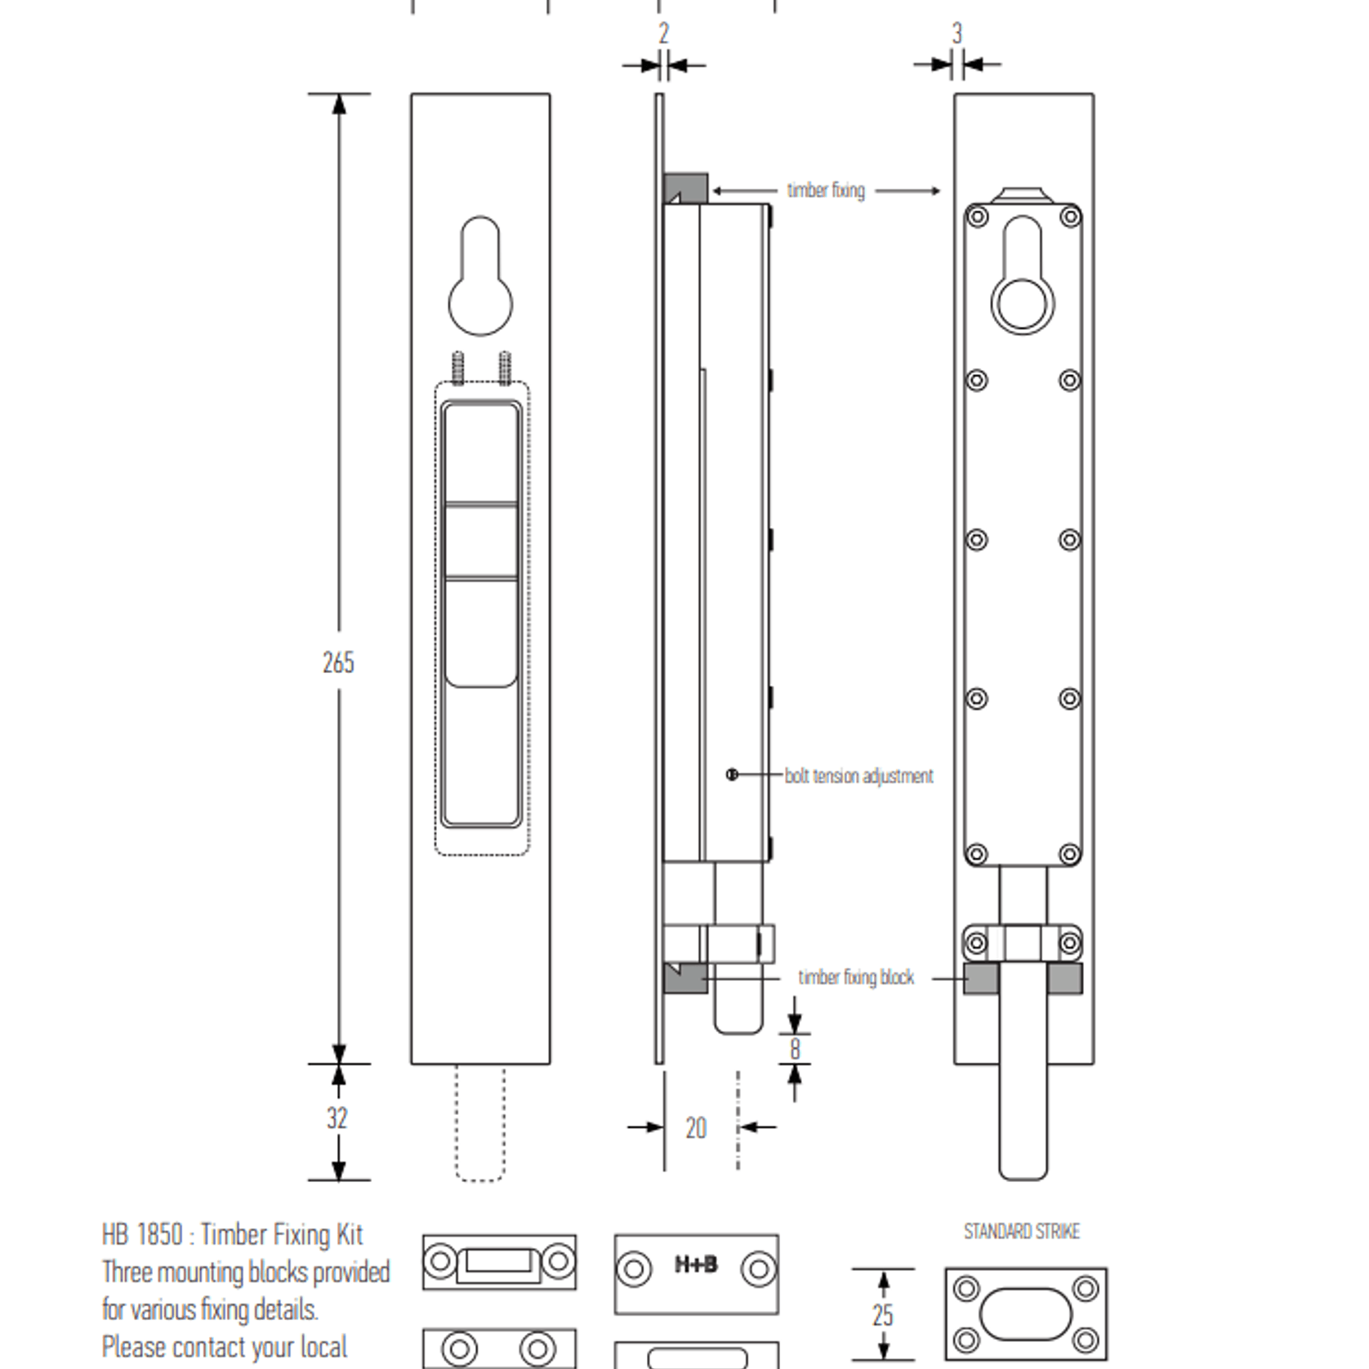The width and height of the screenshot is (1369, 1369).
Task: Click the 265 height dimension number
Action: coord(338,662)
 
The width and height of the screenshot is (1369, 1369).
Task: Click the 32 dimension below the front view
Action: coord(337,1118)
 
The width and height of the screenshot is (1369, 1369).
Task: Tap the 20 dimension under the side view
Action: coord(696,1128)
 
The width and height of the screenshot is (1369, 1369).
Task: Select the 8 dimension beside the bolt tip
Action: coord(795,1050)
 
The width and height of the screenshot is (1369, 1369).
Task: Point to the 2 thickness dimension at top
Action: coord(664,33)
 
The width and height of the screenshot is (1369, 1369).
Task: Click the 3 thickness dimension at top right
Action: coord(957,33)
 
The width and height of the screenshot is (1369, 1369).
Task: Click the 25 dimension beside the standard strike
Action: coord(882,1315)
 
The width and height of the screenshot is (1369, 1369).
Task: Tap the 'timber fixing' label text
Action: coord(826,190)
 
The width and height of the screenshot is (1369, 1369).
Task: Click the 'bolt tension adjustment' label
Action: coord(858,776)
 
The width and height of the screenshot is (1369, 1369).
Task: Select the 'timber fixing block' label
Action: coord(856,978)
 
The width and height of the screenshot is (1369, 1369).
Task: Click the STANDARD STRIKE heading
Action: coord(1022,1232)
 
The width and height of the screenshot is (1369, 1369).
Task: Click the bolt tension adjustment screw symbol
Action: coord(732,774)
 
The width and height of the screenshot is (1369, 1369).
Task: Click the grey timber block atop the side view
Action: coord(686,189)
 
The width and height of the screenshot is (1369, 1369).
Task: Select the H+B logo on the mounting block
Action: coord(696,1265)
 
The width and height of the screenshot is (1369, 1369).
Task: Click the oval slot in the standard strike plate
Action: coord(1025,1314)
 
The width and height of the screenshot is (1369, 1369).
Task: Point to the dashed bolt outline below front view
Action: coord(479,1123)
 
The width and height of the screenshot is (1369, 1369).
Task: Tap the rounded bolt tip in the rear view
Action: coord(1023,1164)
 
